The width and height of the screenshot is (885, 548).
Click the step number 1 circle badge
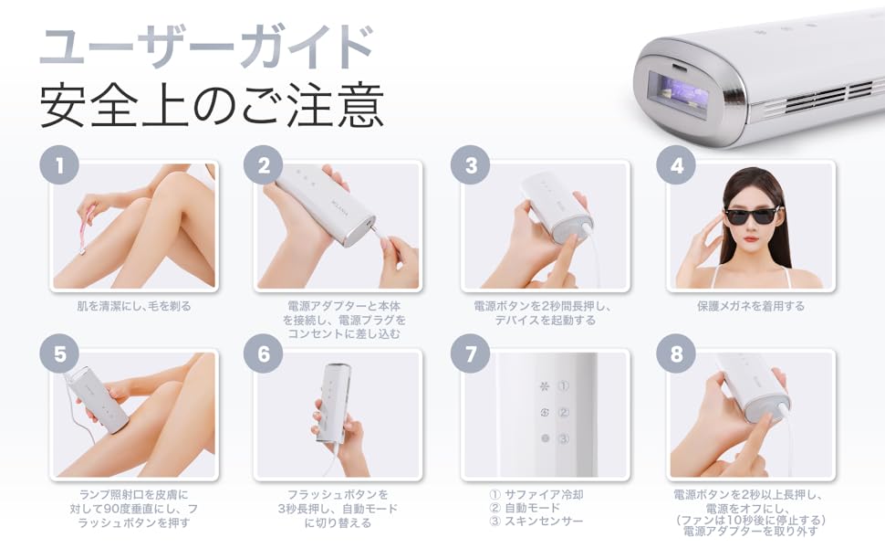click(58, 166)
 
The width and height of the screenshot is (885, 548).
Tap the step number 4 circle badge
click(676, 166)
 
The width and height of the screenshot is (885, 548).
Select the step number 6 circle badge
click(264, 354)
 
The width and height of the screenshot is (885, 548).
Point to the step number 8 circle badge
click(676, 354)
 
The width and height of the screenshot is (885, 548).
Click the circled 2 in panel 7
click(564, 413)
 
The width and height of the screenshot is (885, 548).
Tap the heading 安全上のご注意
click(211, 106)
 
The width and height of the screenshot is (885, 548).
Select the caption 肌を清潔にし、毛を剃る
click(133, 307)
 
